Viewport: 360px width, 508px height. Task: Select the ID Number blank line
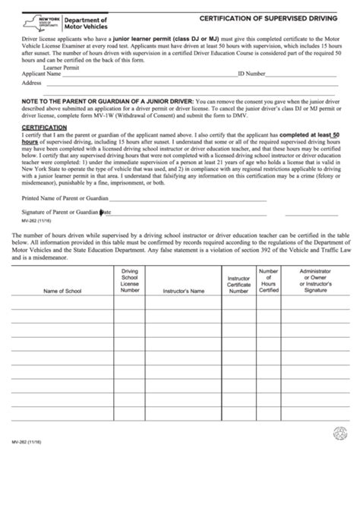[304, 77]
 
